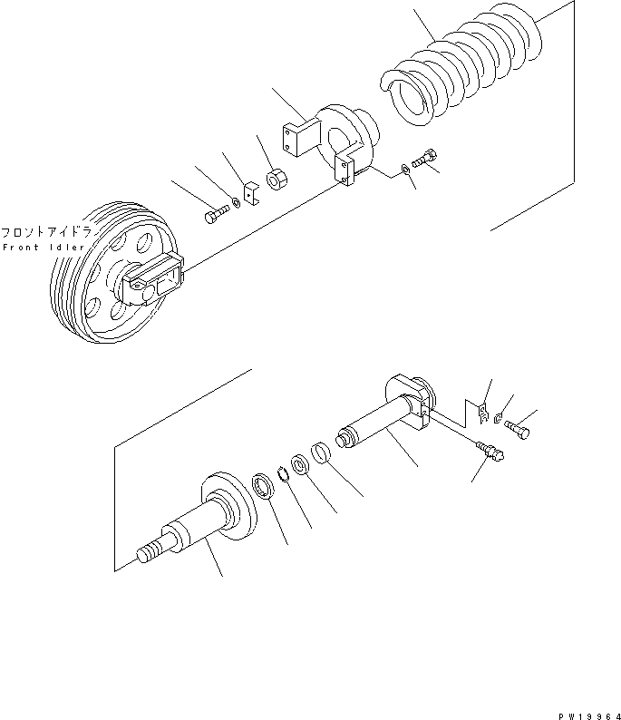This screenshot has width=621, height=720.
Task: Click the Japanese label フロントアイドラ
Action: tap(44, 231)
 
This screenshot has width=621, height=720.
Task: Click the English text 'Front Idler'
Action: tap(44, 247)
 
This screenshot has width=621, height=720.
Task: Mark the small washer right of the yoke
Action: tap(402, 169)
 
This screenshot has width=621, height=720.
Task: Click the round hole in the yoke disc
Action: tap(339, 141)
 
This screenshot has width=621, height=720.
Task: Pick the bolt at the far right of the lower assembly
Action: tap(520, 429)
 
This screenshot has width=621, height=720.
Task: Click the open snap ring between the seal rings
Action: tap(283, 472)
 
